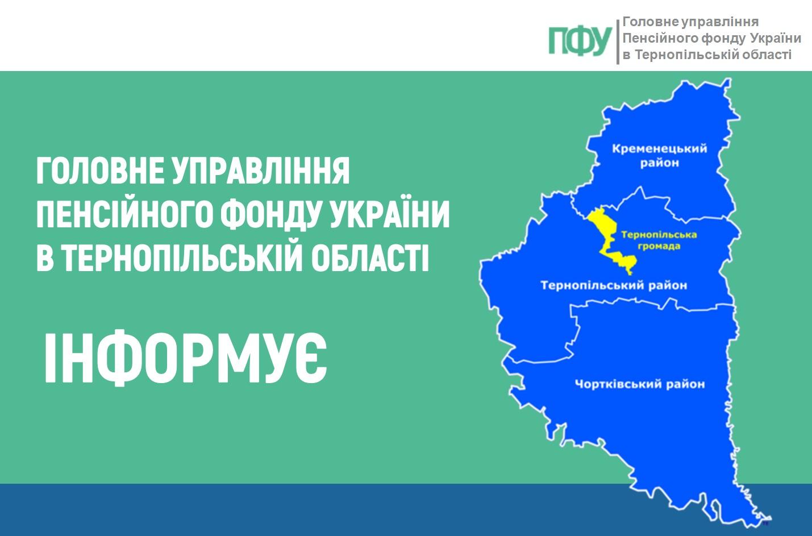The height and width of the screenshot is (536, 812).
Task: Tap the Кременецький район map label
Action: [x=659, y=156]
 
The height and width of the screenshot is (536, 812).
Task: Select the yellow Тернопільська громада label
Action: [x=659, y=240]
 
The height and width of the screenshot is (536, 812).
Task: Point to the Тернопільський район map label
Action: [x=613, y=285]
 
